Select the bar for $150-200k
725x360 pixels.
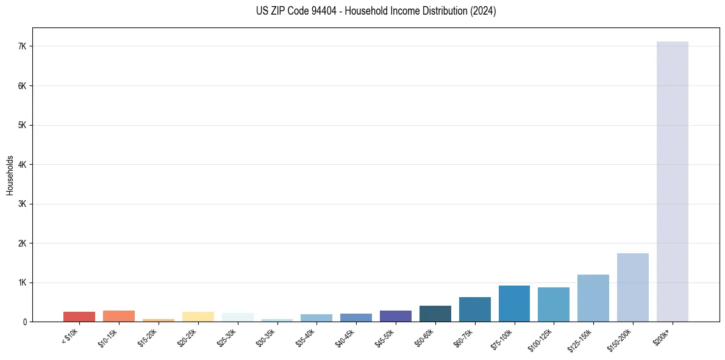coord(632,287)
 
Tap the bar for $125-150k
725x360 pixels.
coord(593,298)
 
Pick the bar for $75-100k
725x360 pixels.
coord(514,303)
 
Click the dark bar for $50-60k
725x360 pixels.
coord(435,314)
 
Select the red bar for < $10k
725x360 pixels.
coord(79,317)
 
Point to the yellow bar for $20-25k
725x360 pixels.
coord(198,317)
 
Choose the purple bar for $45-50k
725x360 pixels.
coord(395,316)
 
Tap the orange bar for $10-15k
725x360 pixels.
coord(119,316)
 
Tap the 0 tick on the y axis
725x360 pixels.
coord(25,322)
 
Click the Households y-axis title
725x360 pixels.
coord(10,175)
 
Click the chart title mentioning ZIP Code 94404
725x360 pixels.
coord(376,11)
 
